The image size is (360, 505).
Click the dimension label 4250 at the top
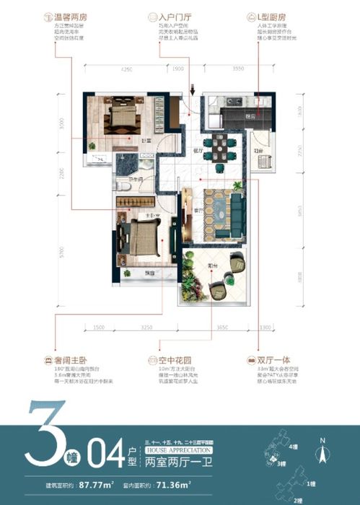coord(127,71)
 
